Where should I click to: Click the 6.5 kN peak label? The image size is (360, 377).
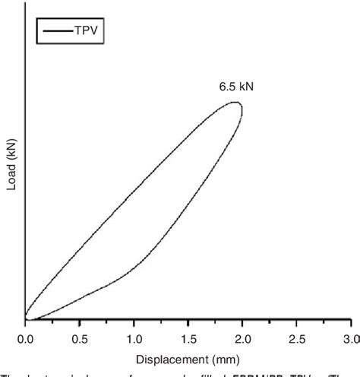click(236, 87)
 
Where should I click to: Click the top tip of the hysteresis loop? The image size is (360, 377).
click(237, 103)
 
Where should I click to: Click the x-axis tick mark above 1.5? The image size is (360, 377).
click(188, 322)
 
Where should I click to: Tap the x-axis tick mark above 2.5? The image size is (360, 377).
click(295, 322)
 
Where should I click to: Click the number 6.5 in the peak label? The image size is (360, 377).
click(228, 87)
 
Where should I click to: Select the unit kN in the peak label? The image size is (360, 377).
click(245, 87)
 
